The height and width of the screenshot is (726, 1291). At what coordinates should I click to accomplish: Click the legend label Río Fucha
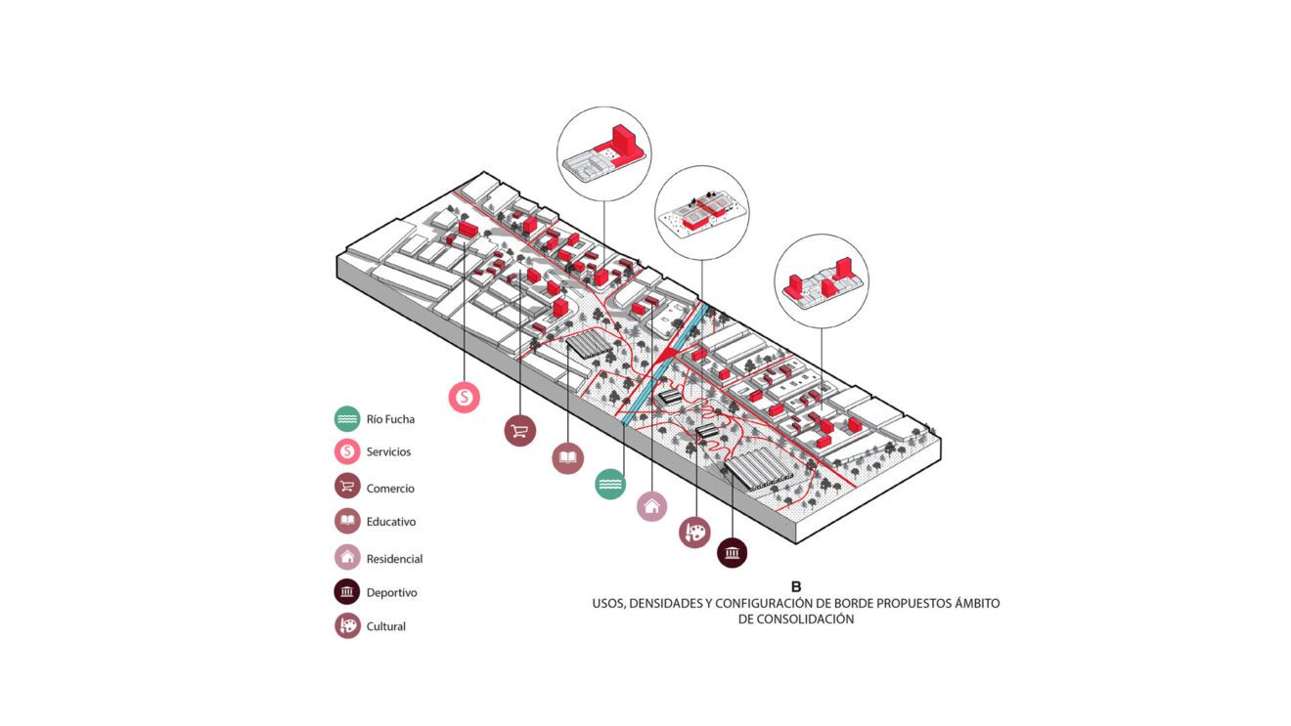pyautogui.click(x=390, y=419)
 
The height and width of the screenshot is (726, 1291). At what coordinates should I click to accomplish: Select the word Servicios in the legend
pyautogui.click(x=388, y=452)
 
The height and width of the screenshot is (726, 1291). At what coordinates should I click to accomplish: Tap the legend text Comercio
pyautogui.click(x=390, y=489)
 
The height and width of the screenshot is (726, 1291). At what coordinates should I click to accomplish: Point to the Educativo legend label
pyautogui.click(x=391, y=522)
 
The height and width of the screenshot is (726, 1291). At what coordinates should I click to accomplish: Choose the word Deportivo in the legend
pyautogui.click(x=391, y=592)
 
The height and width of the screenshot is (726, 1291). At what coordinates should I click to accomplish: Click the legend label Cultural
pyautogui.click(x=385, y=626)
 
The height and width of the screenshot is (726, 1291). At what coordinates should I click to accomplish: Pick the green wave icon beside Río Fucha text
pyautogui.click(x=347, y=419)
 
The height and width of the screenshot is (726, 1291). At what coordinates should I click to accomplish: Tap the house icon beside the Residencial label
pyautogui.click(x=347, y=558)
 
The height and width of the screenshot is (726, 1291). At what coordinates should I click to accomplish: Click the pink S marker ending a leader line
pyautogui.click(x=465, y=396)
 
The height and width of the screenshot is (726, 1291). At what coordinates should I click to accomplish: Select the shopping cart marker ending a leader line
pyautogui.click(x=519, y=430)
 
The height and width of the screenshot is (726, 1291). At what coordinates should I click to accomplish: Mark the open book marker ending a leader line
pyautogui.click(x=567, y=457)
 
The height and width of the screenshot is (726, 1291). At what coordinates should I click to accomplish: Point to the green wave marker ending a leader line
pyautogui.click(x=610, y=484)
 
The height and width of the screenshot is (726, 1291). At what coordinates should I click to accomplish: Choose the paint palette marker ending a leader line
pyautogui.click(x=694, y=532)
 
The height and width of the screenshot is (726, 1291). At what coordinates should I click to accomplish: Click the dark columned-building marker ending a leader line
pyautogui.click(x=732, y=553)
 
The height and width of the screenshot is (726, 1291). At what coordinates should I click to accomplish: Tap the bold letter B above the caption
pyautogui.click(x=796, y=587)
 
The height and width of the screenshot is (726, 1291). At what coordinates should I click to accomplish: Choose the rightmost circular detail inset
pyautogui.click(x=822, y=280)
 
